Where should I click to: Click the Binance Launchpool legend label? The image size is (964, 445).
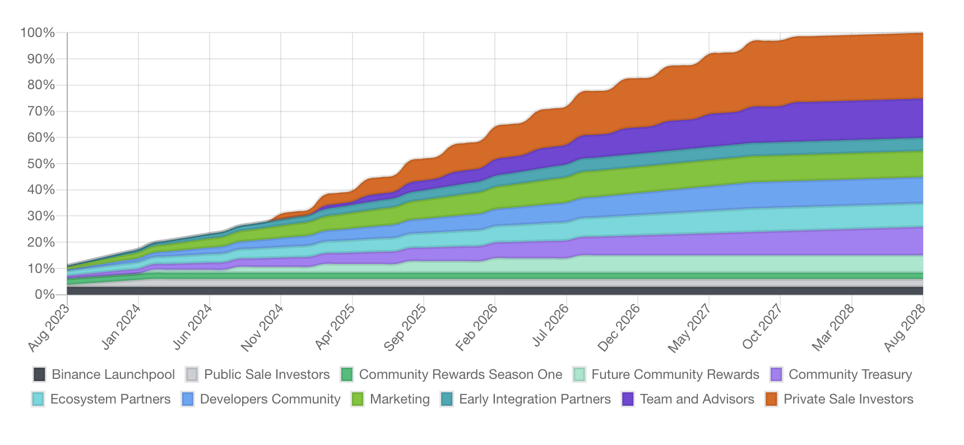(x=113, y=374)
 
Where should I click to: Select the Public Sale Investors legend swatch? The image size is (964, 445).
(x=192, y=374)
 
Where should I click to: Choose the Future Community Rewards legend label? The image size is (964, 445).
(x=675, y=374)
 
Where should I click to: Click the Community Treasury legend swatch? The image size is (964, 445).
(x=776, y=374)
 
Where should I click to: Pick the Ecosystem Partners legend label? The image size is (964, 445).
(x=110, y=399)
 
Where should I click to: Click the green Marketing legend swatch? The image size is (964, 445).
(x=357, y=399)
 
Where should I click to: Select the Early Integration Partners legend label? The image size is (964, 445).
(x=535, y=399)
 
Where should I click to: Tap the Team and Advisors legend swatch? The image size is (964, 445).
(x=628, y=399)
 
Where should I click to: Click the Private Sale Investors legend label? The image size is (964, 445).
(x=848, y=399)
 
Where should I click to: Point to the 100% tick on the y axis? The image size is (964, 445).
(x=38, y=33)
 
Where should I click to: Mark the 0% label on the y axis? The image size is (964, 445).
(x=44, y=294)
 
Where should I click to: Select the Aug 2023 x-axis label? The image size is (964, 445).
(x=49, y=328)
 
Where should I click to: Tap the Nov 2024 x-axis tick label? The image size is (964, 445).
(x=262, y=328)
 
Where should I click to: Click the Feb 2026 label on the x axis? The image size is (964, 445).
(x=476, y=328)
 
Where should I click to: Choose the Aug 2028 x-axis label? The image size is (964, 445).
(x=903, y=328)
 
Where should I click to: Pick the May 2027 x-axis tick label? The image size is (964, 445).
(x=689, y=328)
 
